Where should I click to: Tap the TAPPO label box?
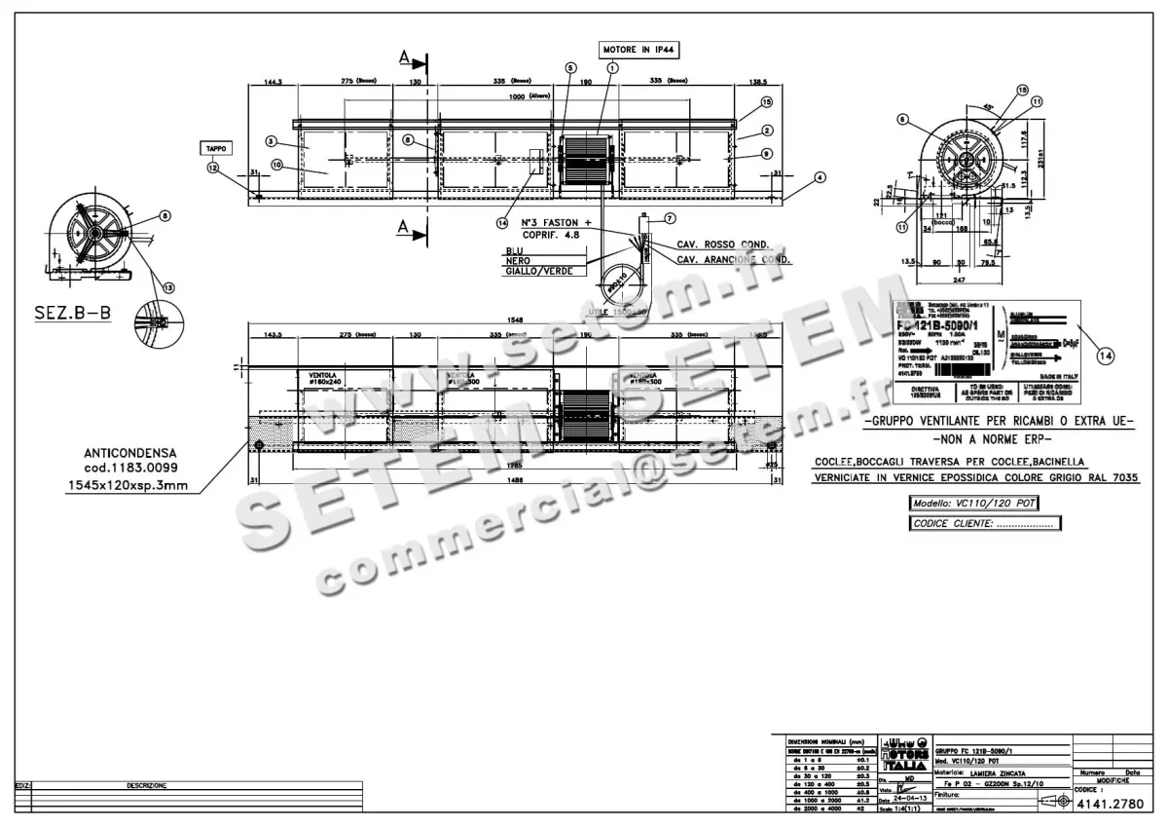pos(215,148)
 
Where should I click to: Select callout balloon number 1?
pos(612,67)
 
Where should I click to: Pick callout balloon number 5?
pos(570,67)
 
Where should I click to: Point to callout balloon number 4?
pos(820,177)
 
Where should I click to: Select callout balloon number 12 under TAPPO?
pos(213,168)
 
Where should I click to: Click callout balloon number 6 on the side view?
pos(902,120)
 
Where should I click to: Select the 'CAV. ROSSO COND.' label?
pos(722,244)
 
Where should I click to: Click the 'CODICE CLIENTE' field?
pos(984,523)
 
